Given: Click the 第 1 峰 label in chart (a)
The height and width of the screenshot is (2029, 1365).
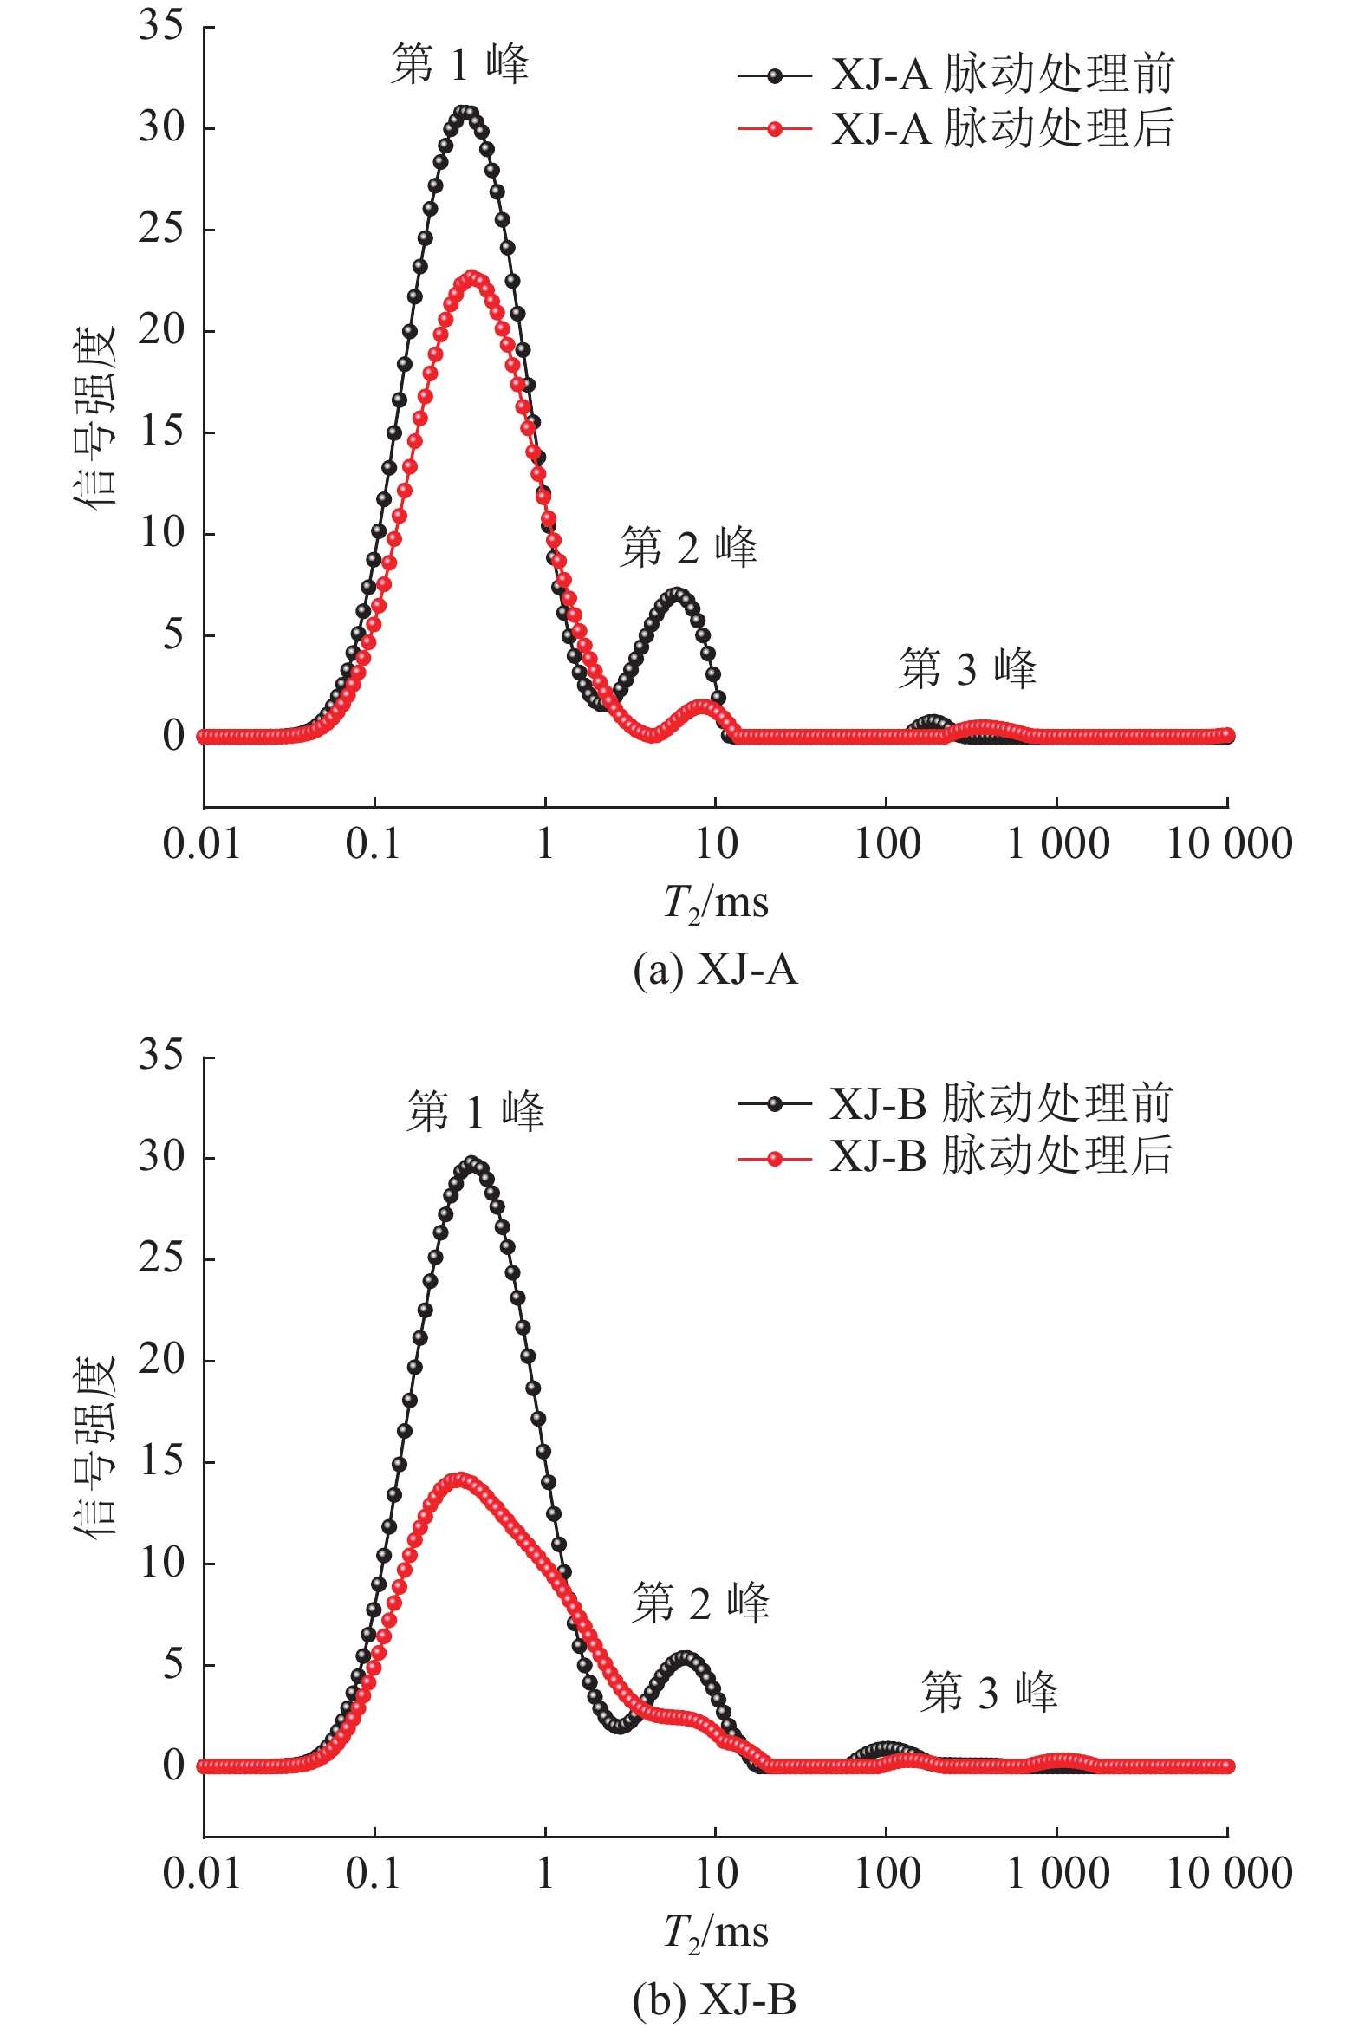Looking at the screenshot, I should (x=459, y=64).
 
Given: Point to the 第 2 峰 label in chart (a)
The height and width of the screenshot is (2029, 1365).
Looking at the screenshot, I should (x=688, y=548).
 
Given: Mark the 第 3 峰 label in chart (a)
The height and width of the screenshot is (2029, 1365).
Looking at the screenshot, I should (x=967, y=668).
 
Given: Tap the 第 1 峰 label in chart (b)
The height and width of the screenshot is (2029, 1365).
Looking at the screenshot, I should (x=475, y=1111).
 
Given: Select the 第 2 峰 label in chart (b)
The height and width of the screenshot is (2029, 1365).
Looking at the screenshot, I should (x=701, y=1603).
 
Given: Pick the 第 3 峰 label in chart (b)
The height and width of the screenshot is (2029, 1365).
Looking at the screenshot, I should (x=989, y=1692).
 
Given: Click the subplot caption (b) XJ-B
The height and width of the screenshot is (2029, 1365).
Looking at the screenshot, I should (x=715, y=2000).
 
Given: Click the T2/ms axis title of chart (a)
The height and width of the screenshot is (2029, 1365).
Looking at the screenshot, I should (x=716, y=902).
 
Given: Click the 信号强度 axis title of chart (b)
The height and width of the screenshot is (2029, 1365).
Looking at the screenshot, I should (x=94, y=1445).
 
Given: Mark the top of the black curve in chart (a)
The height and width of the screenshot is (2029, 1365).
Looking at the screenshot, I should (x=467, y=113).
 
